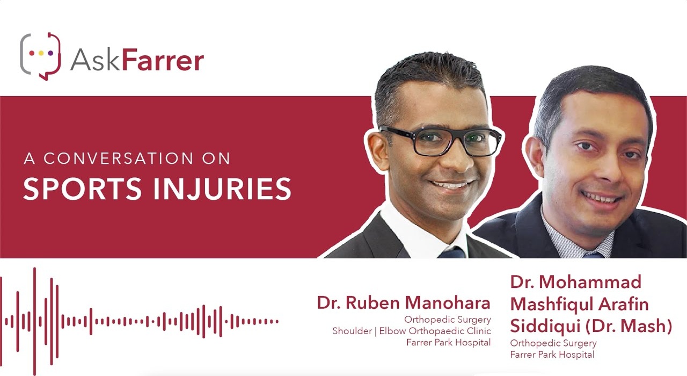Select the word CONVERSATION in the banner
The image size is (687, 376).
pyautogui.click(x=119, y=158)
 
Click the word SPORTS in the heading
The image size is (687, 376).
pyautogui.click(x=82, y=189)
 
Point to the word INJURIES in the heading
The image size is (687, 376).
pyautogui.click(x=222, y=189)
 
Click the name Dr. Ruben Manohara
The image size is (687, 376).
pyautogui.click(x=404, y=302)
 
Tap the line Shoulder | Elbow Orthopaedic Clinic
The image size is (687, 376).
pyautogui.click(x=412, y=331)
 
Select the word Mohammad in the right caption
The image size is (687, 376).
pyautogui.click(x=590, y=282)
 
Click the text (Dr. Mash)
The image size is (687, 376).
pyautogui.click(x=628, y=326)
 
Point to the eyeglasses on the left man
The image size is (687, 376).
pyautogui.click(x=440, y=141)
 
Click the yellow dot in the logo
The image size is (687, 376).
pyautogui.click(x=41, y=53)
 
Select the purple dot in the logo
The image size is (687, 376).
pyautogui.click(x=50, y=53)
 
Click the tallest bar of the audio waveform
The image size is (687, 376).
pyautogui.click(x=35, y=321)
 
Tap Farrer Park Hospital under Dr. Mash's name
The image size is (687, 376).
pyautogui.click(x=552, y=355)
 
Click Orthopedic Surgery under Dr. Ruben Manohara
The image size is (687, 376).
pyautogui.click(x=448, y=320)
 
